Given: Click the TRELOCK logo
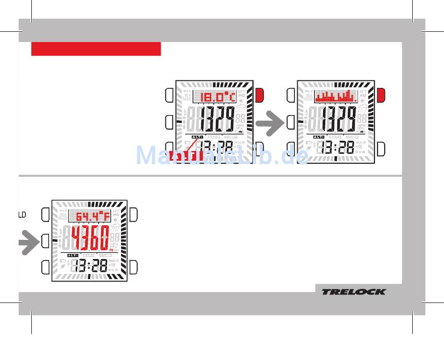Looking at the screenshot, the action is [353, 292].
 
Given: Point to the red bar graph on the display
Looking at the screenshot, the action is [336, 97].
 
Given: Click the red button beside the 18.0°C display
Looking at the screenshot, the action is [260, 95].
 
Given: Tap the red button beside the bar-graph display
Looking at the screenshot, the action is [381, 95].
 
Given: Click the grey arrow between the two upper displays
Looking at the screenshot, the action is [271, 124].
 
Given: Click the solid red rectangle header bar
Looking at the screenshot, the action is [96, 49].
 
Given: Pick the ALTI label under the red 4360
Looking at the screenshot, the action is [72, 255].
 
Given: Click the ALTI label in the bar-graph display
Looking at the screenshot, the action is [318, 137].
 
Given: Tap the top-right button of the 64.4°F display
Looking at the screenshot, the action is [134, 215].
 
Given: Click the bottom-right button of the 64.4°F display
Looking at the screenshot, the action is [134, 267].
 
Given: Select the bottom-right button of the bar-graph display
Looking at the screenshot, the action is [381, 149].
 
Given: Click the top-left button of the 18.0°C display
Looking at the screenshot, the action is [169, 95].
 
